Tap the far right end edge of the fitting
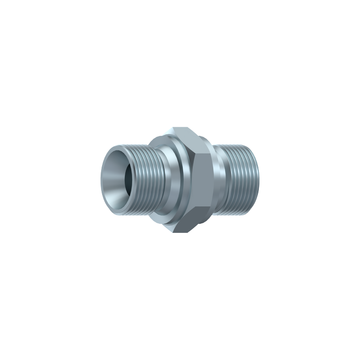coord(258,180)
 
